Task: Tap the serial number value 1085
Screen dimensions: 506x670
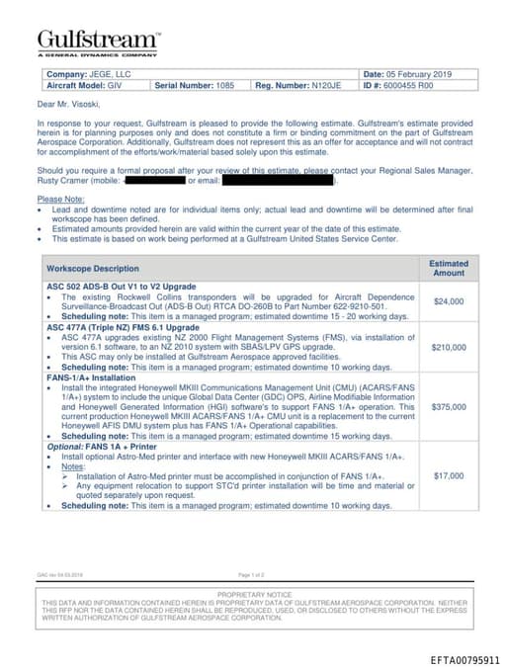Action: pos(224,86)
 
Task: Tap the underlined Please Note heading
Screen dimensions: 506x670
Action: pos(61,199)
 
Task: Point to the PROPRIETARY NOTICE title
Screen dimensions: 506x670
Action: pos(254,595)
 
